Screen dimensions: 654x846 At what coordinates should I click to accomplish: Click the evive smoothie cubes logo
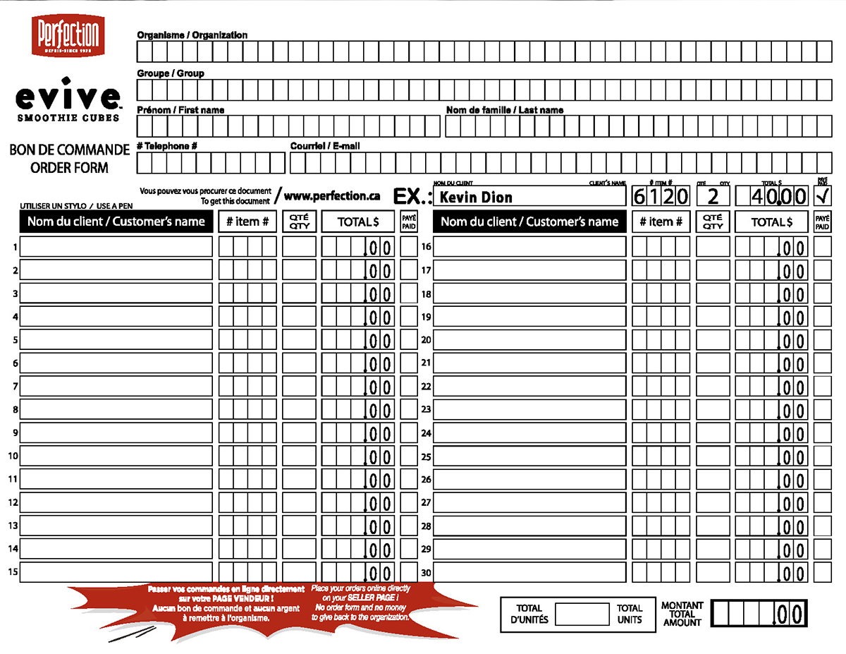[68, 100]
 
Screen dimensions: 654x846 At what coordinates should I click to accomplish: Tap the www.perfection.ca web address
[332, 196]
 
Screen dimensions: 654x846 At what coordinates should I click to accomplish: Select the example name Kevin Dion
[475, 197]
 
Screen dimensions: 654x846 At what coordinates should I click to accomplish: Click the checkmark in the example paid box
[822, 195]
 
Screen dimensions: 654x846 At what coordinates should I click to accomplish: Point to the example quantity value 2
[713, 196]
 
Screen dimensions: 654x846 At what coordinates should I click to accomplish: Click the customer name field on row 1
[116, 247]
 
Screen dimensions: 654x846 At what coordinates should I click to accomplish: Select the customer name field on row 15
[116, 572]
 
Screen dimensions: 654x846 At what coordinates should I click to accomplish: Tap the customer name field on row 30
[529, 572]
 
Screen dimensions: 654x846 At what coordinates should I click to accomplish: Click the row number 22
[426, 387]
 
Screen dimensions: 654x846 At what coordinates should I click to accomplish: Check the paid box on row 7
[409, 387]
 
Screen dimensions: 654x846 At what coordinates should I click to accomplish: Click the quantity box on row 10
[299, 456]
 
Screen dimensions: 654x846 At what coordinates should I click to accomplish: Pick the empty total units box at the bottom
[582, 614]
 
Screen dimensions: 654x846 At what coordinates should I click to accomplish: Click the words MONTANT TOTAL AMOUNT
[682, 614]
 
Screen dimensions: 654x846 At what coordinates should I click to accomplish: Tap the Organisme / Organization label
[192, 35]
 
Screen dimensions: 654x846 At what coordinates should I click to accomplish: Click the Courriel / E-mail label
[325, 147]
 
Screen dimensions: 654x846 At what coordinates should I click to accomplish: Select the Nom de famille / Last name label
[505, 110]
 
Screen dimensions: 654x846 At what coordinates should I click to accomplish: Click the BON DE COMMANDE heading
[70, 150]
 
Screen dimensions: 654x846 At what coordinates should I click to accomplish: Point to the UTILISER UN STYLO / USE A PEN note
[76, 206]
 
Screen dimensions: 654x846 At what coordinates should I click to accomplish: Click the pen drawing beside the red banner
[132, 634]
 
